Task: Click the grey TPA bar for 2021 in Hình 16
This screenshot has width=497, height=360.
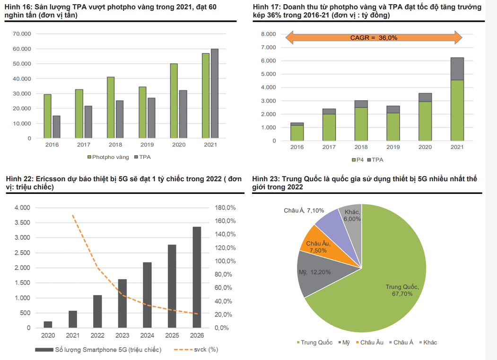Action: [215, 94]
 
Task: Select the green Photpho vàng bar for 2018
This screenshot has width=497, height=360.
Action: [111, 107]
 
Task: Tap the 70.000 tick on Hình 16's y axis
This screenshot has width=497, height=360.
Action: [22, 34]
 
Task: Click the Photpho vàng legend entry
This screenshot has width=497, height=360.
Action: [108, 157]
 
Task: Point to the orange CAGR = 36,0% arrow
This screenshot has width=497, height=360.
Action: [374, 37]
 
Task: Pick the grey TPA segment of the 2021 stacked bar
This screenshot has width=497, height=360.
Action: [457, 69]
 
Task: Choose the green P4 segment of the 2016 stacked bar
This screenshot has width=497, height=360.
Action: [297, 133]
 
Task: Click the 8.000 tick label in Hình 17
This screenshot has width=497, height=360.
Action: [269, 34]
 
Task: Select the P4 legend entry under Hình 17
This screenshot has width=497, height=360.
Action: [357, 160]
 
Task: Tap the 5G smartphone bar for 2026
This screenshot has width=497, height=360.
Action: [197, 277]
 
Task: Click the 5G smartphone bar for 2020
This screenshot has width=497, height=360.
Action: [48, 325]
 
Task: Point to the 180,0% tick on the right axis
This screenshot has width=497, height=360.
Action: [225, 208]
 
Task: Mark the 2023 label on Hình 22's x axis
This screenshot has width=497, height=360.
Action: [122, 335]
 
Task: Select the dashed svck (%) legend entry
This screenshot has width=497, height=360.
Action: [196, 350]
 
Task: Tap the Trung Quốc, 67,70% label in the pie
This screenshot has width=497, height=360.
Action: [402, 290]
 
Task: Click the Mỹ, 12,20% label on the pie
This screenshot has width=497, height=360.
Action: [314, 272]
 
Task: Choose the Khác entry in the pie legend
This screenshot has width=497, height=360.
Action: [428, 342]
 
